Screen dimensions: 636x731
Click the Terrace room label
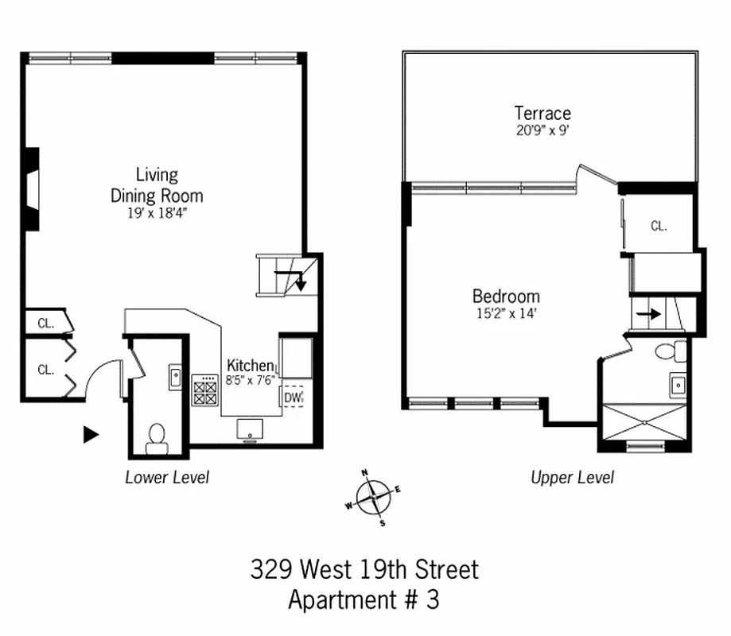pos(542,113)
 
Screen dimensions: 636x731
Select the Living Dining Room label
pos(157,184)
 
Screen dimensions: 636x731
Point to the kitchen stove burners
pos(204,391)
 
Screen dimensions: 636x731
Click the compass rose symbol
pos(373,498)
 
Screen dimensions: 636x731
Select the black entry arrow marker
pos(91,434)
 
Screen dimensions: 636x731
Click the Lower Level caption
pos(167,478)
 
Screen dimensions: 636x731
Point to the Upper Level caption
pos(572,478)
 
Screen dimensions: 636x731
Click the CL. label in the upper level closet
pos(658,227)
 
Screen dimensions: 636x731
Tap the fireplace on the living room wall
pos(31,191)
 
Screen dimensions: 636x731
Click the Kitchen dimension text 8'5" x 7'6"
pos(250,379)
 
